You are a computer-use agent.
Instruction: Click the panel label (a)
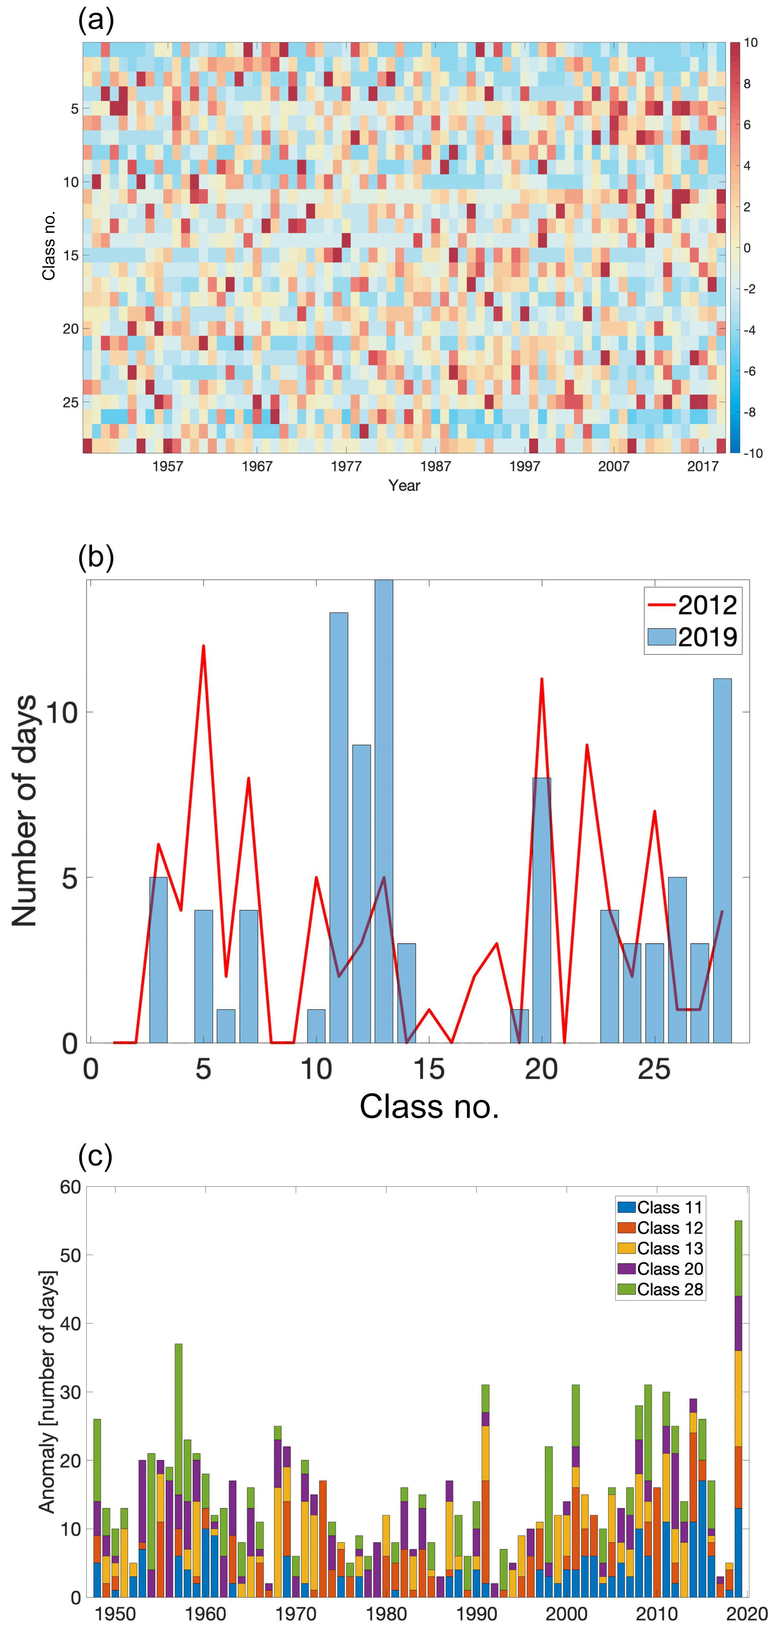click(96, 21)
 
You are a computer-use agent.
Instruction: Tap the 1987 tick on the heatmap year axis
click(435, 467)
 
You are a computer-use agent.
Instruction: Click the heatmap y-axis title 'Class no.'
click(49, 246)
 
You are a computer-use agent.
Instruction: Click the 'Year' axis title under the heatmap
click(404, 485)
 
